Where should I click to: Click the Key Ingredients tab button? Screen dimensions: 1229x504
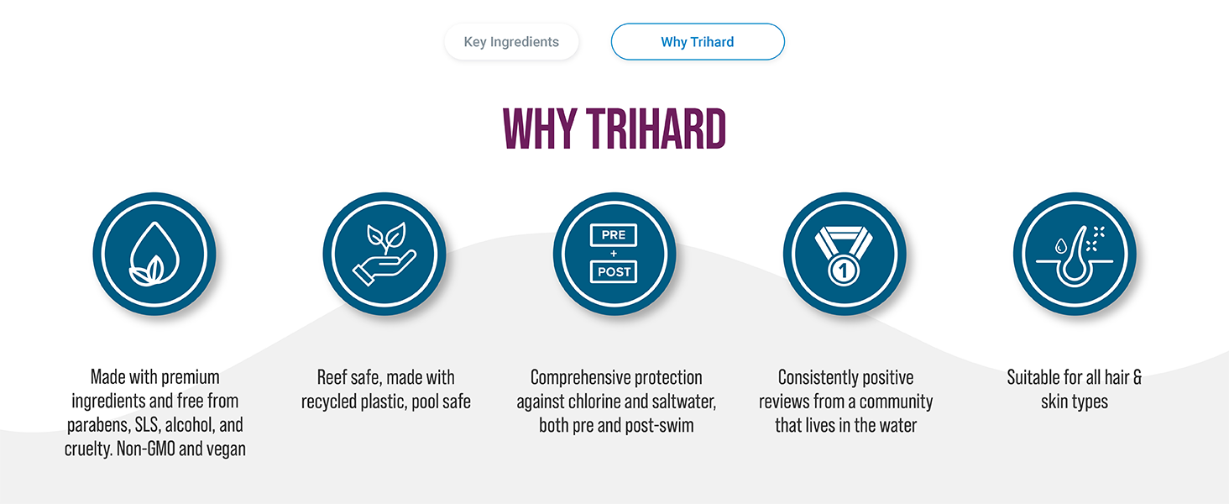point(511,42)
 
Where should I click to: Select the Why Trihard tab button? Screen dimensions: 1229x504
point(698,42)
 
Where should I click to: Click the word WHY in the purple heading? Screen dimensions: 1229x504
point(540,129)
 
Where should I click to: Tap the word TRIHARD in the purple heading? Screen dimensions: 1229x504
point(656,129)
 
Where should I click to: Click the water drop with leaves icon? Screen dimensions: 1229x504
point(154,254)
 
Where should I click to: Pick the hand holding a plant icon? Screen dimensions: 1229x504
point(384,254)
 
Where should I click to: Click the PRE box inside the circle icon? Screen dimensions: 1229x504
point(614,235)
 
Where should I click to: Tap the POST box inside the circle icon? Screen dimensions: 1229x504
point(614,272)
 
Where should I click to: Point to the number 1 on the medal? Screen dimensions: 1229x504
point(844,270)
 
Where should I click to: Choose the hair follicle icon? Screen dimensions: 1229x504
point(1075,255)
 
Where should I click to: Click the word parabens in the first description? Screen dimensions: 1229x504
point(97,425)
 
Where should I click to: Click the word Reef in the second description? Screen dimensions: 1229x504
point(332,378)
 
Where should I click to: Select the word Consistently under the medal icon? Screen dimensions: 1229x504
point(810,378)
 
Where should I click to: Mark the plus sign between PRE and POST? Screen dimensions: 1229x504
point(614,254)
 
